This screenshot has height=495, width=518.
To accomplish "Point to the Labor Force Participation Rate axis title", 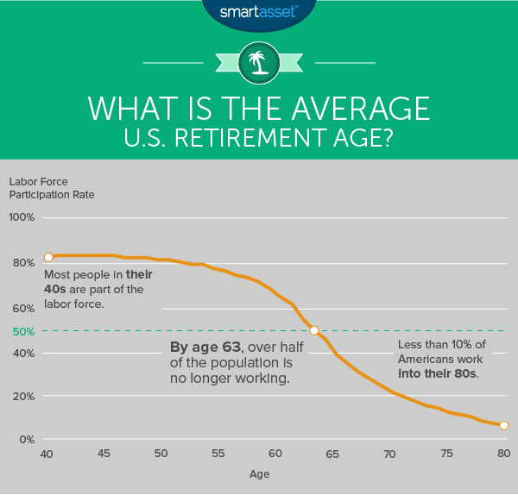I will [52, 188].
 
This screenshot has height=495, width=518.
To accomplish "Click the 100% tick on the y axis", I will [22, 217].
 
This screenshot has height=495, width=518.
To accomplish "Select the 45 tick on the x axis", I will [104, 454].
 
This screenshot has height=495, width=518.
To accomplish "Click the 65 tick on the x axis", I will [332, 454].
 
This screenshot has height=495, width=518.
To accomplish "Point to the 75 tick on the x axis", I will [446, 454].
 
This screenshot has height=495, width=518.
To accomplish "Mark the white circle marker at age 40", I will [48, 257].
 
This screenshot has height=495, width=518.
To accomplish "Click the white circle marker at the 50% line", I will [314, 330].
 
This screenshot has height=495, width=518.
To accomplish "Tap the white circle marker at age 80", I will [504, 425].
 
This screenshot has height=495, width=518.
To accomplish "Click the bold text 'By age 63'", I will [199, 347].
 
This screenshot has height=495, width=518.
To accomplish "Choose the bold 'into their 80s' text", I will [438, 373].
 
